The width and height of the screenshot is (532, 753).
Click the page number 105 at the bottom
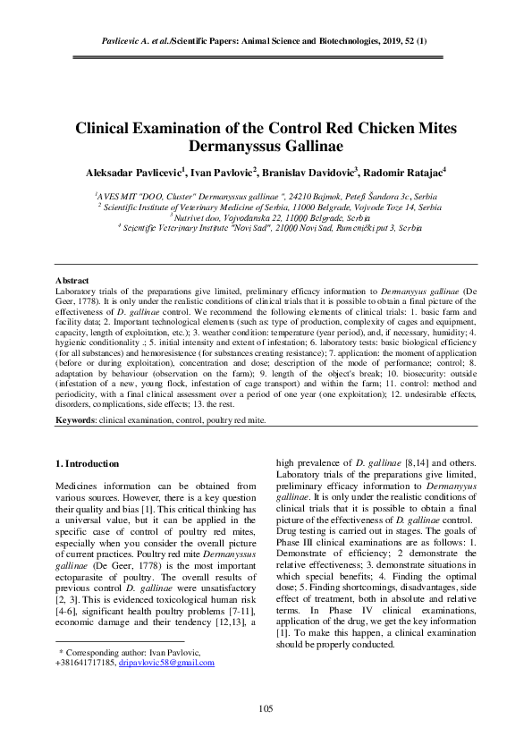[266, 709]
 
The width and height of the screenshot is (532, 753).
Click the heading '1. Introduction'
[87, 463]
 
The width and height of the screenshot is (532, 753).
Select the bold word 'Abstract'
[72, 281]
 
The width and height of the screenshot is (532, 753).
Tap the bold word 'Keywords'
[75, 419]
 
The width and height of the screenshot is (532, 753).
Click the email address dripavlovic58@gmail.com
[167, 663]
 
